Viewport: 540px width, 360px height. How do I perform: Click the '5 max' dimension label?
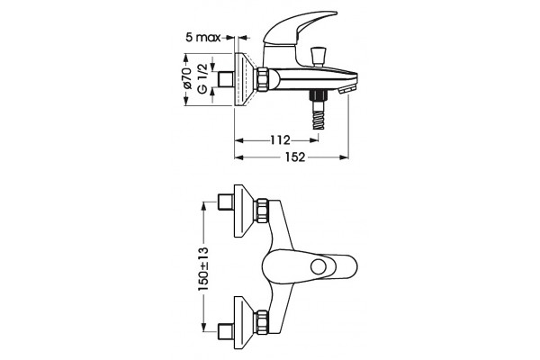pos(202,37)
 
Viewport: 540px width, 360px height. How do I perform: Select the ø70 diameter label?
pos(188,78)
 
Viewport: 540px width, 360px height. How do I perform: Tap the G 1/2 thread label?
pos(202,78)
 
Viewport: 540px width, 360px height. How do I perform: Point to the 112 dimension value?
pos(280,140)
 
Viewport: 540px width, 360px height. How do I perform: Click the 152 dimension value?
pos(295,157)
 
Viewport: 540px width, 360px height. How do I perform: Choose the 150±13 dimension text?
pos(203,269)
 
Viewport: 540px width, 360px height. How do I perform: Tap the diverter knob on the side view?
pos(318,57)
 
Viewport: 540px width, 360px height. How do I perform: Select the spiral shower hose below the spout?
pos(319,110)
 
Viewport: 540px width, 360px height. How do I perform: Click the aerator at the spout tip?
pos(347,90)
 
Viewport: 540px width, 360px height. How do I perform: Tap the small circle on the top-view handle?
pos(319,267)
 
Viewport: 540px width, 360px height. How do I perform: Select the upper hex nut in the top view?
pos(262,211)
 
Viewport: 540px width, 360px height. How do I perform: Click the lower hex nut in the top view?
pos(262,322)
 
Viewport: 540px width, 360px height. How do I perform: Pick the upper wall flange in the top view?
pos(245,211)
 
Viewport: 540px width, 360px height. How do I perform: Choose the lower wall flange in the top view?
pos(245,323)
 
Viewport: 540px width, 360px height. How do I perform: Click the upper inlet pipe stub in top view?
pos(226,202)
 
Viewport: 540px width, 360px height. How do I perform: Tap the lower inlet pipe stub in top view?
pos(226,331)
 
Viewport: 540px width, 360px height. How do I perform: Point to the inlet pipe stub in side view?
pos(227,79)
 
